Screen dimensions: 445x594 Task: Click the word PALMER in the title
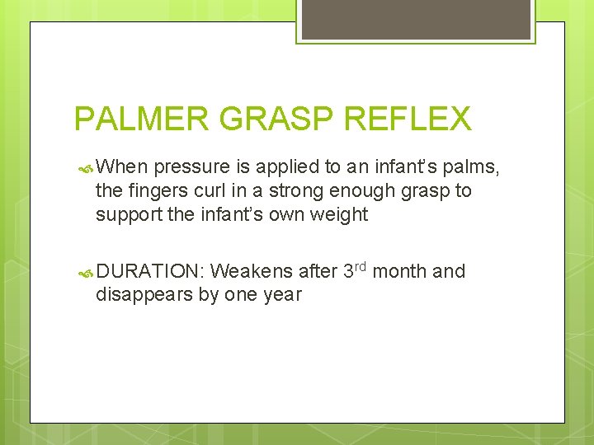point(142,119)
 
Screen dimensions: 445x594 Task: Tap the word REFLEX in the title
point(408,119)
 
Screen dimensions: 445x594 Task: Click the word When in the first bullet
point(122,167)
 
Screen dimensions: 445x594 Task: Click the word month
point(401,271)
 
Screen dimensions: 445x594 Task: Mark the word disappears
point(144,296)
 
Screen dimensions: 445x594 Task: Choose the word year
point(282,296)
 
